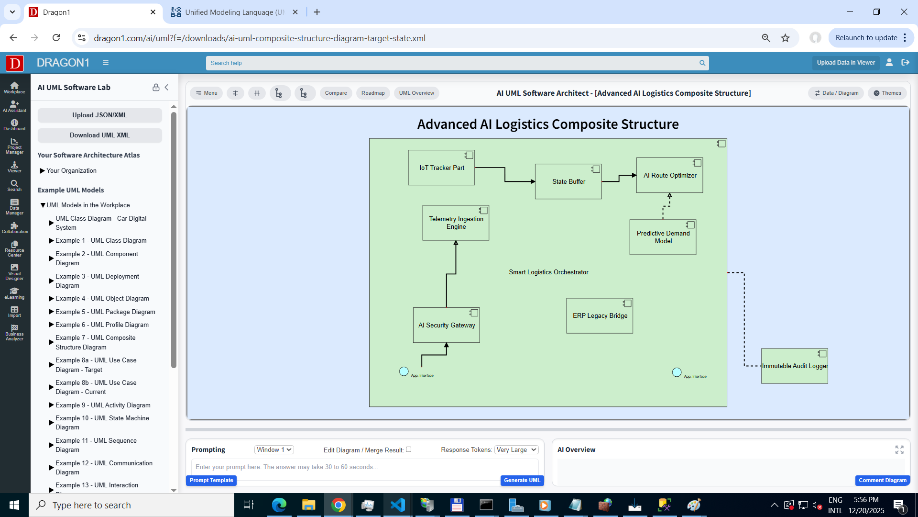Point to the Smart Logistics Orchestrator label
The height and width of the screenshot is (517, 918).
[548, 272]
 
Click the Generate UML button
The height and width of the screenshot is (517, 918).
[522, 481]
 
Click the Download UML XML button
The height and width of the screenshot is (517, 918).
[99, 135]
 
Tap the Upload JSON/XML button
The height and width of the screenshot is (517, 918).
[99, 115]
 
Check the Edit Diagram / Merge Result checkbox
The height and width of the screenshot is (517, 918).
[409, 450]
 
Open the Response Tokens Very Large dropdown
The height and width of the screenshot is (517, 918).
[516, 450]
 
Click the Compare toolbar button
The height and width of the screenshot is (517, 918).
[336, 93]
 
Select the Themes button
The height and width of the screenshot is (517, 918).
[887, 93]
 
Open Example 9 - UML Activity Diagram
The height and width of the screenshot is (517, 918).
[103, 405]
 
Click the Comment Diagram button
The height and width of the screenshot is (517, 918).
[882, 481]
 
